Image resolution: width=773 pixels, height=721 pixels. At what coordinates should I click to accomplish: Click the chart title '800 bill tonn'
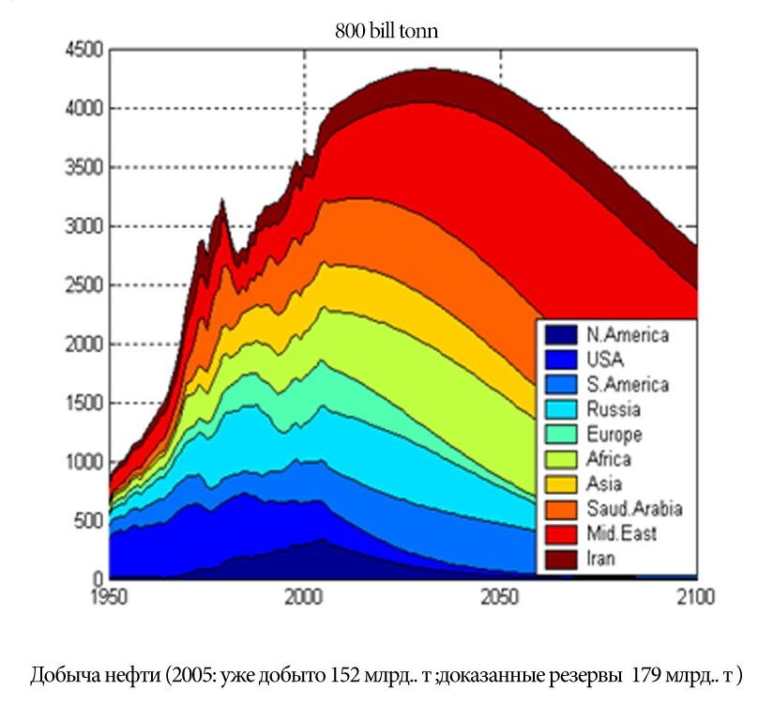[x=386, y=31]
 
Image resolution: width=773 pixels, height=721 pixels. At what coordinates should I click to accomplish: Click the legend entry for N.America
[x=627, y=335]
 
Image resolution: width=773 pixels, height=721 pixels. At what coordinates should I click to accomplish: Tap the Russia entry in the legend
[x=614, y=409]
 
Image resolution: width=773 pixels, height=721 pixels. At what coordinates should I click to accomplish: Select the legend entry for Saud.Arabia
[x=634, y=509]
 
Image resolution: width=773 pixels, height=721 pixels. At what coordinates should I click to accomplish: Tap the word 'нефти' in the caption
[x=121, y=676]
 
